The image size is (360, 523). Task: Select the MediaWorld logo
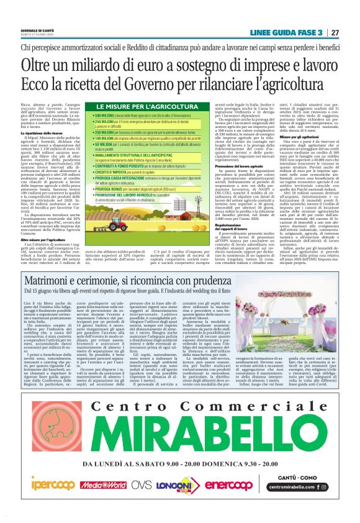[x=106, y=484]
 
